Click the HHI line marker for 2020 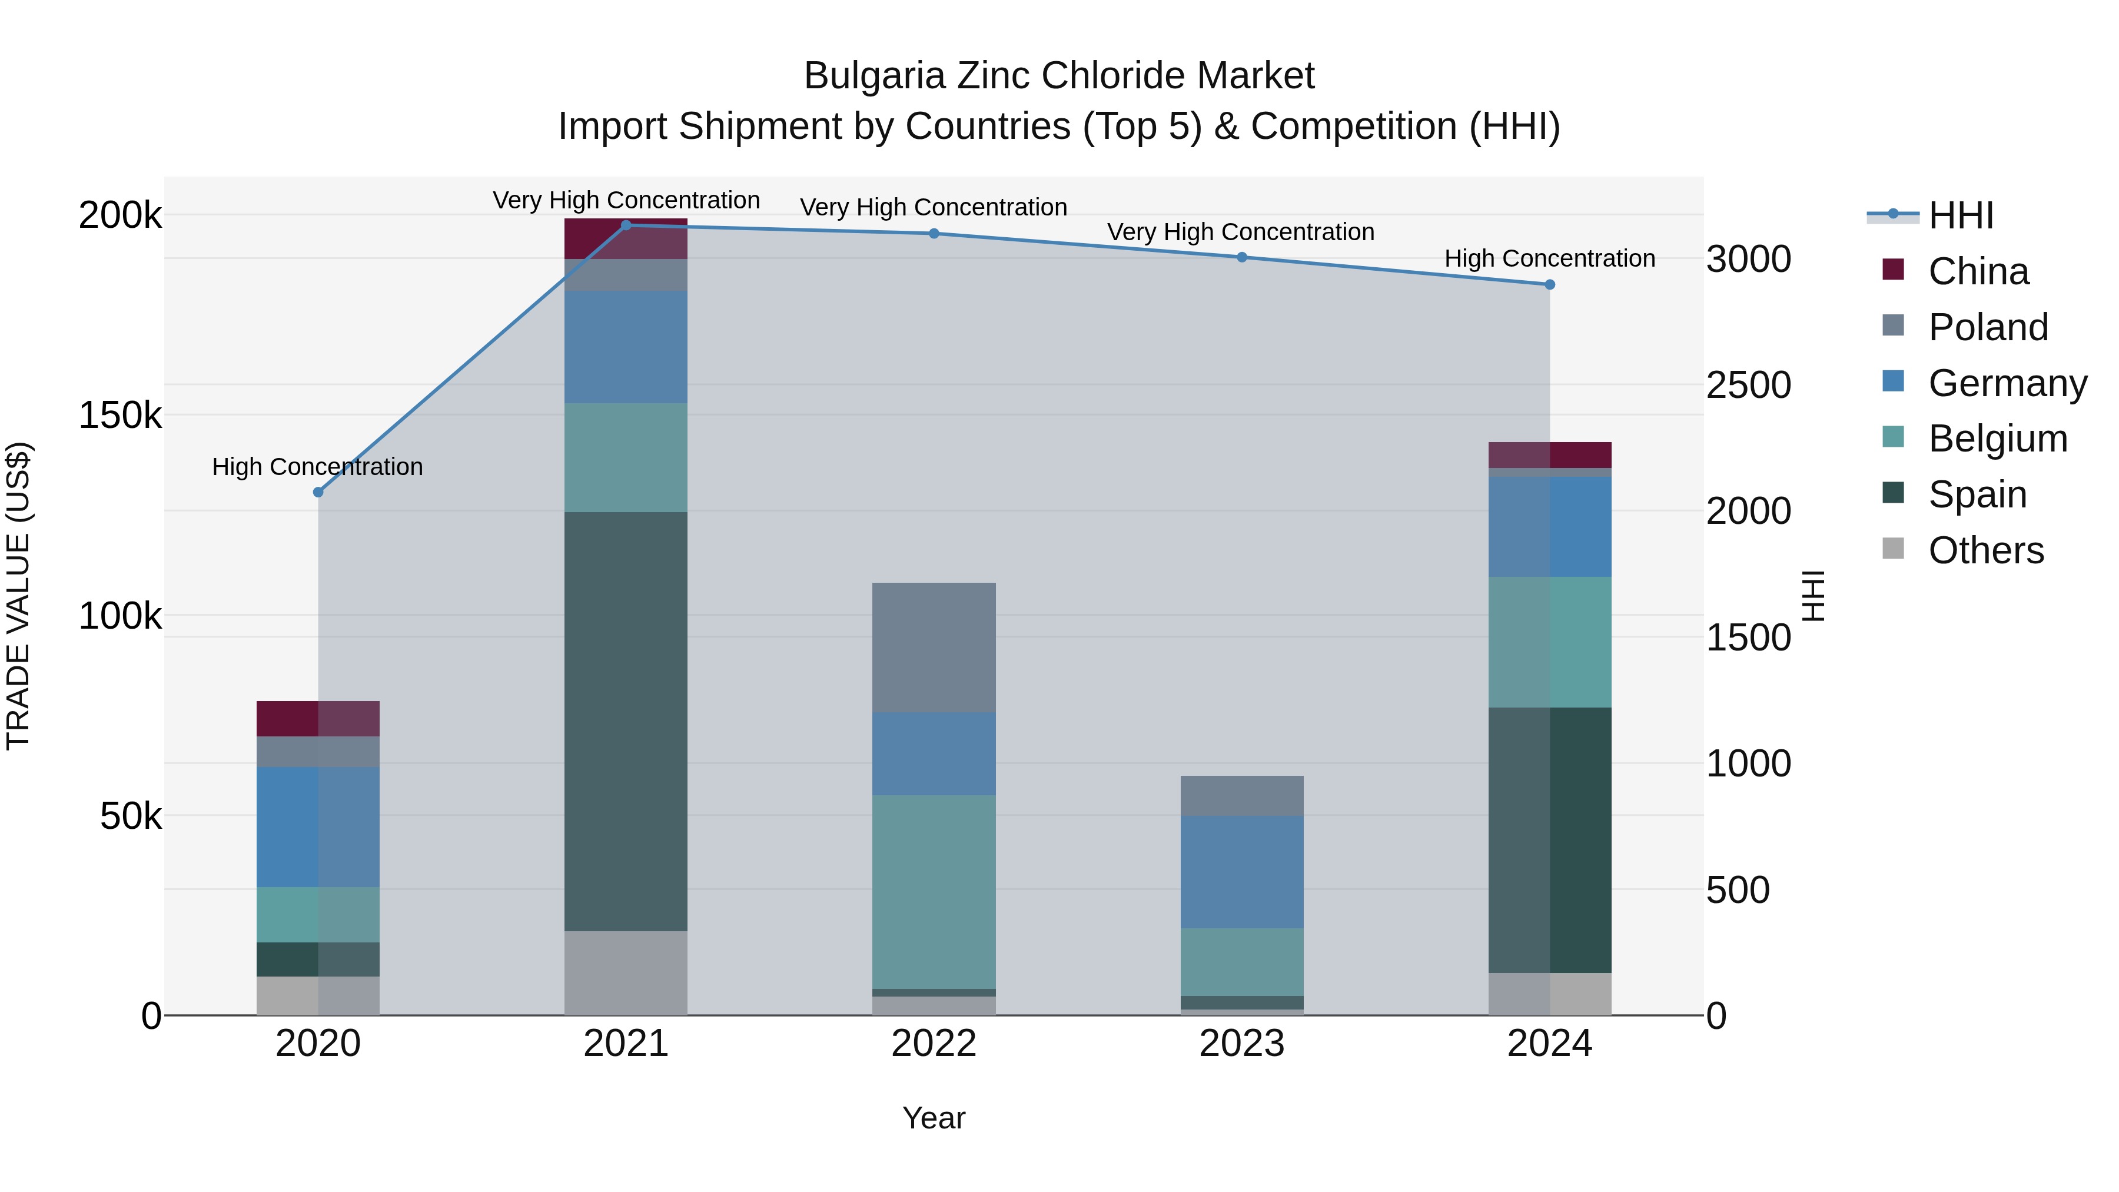coord(318,492)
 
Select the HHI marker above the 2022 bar coord(934,234)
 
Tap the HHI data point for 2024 coord(1550,285)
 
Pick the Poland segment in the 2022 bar coord(934,648)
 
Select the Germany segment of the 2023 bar coord(1241,872)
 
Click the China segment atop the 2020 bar coord(318,718)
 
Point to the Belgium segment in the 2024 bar coord(1550,642)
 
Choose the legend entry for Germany coord(2007,383)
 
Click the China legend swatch coord(1893,270)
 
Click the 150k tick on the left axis coord(120,416)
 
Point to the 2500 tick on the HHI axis coord(1748,385)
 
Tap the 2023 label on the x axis coord(1241,1044)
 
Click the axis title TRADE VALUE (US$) coord(18,596)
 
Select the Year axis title coord(934,1118)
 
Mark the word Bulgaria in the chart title coord(873,76)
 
